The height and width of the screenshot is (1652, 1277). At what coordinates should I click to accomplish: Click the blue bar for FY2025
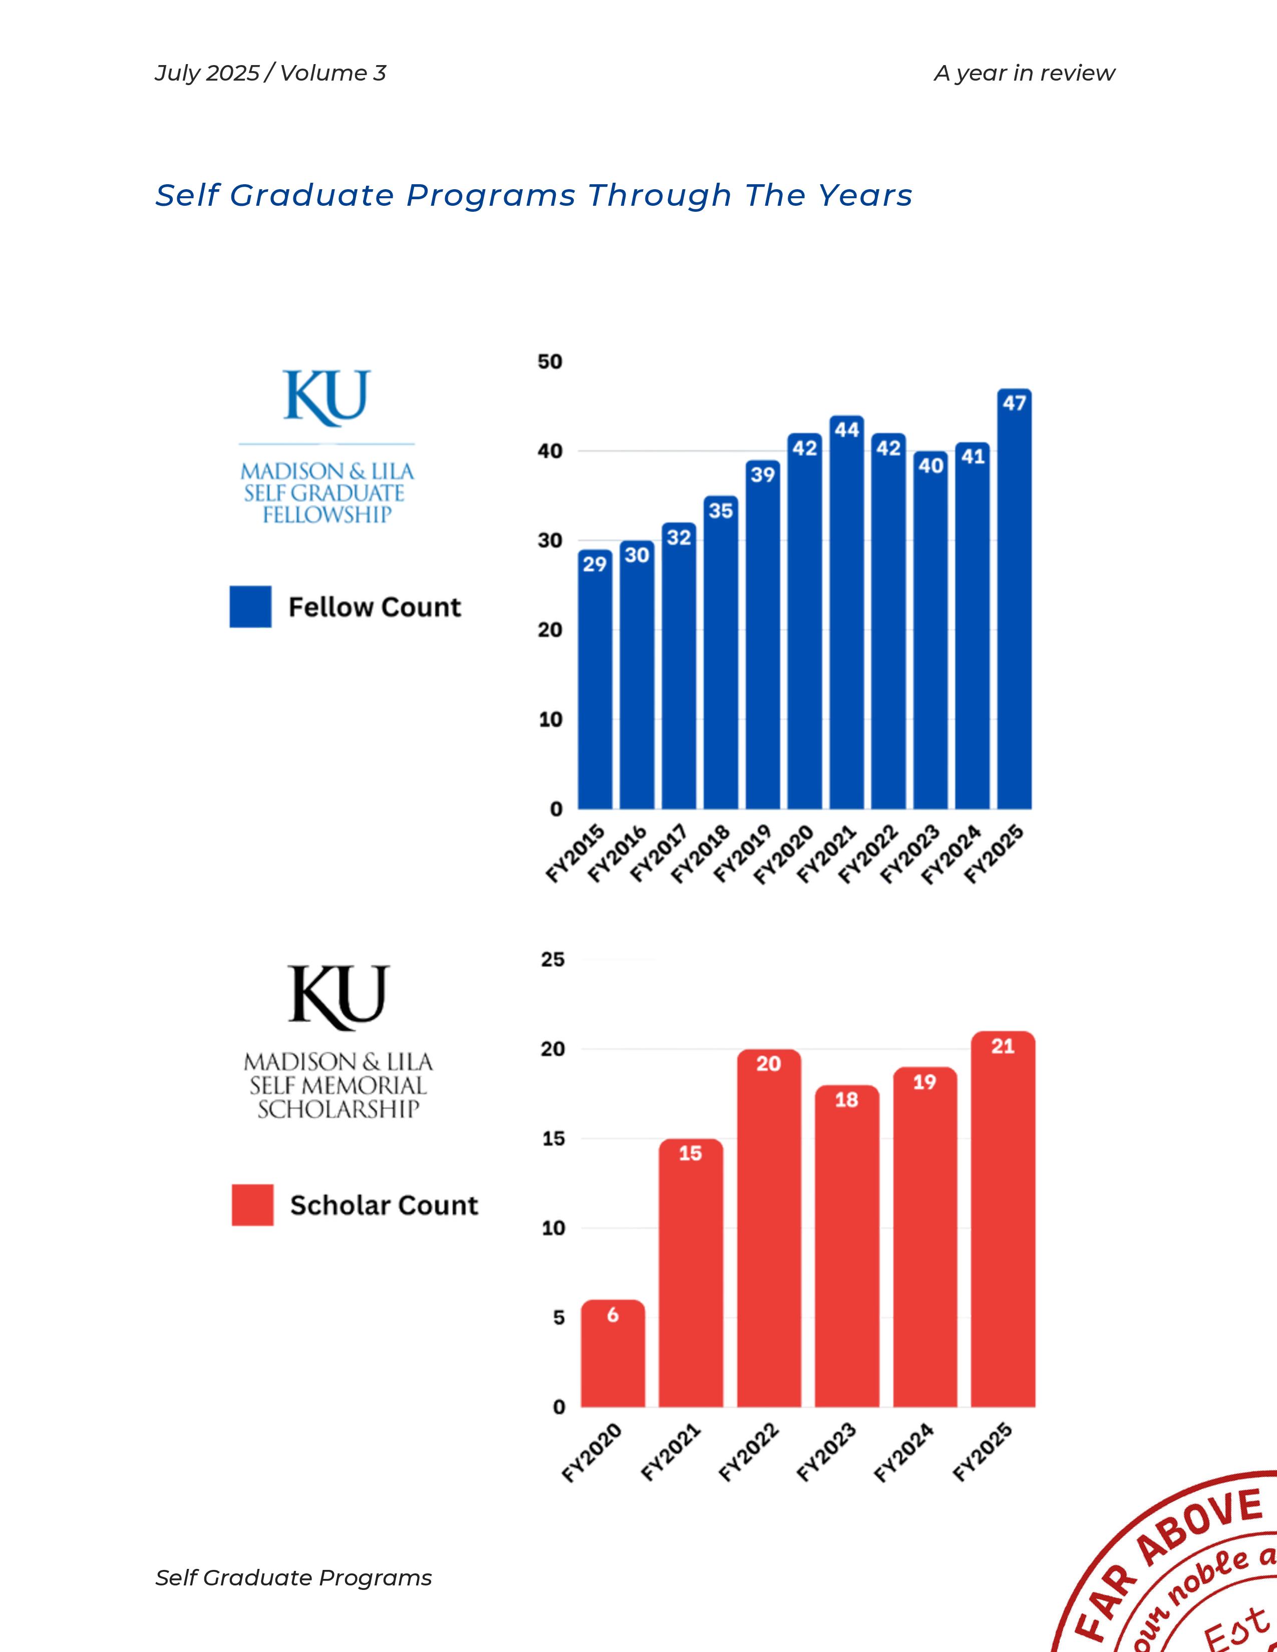coord(1014,605)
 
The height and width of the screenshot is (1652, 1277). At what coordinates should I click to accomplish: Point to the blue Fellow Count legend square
coord(250,607)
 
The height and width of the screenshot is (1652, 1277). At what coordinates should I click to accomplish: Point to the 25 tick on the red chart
coord(553,960)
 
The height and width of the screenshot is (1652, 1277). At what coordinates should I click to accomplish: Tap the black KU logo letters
coord(338,997)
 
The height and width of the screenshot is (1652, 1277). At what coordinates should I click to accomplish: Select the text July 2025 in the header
coord(206,74)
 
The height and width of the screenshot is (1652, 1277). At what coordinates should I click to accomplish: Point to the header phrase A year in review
coord(1024,74)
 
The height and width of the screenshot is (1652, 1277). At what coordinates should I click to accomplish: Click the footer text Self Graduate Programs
coord(293,1578)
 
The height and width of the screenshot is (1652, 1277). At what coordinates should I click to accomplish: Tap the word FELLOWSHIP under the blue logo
coord(327,515)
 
